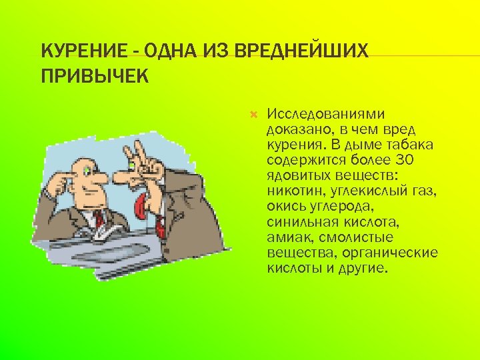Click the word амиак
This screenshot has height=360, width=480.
coord(286,238)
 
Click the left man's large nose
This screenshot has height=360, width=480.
coord(100,178)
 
